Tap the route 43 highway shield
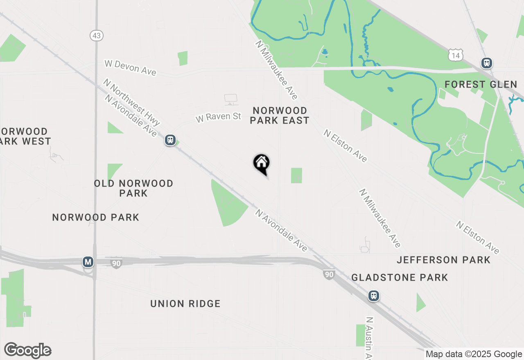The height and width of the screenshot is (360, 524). [96, 36]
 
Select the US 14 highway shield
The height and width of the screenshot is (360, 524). [455, 54]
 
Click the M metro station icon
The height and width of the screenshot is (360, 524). [88, 262]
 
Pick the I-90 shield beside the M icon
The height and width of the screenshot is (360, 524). [116, 263]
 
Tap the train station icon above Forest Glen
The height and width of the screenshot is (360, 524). [486, 63]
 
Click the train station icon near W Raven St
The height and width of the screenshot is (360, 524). [170, 140]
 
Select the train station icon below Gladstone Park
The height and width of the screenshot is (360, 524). [373, 296]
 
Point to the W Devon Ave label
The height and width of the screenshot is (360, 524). [130, 68]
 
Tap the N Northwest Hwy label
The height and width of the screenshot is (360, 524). [131, 102]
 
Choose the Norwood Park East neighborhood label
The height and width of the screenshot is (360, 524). [280, 115]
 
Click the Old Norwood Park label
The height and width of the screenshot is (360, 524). [133, 188]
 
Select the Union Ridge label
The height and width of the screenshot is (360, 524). [185, 304]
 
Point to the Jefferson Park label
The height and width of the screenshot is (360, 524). [444, 260]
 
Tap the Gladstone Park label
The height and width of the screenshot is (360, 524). [400, 278]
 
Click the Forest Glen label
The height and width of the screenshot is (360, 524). [481, 85]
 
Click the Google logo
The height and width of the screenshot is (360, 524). [27, 350]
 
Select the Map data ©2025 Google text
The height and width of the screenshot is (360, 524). [474, 354]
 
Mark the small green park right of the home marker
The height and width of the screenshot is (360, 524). [296, 175]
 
